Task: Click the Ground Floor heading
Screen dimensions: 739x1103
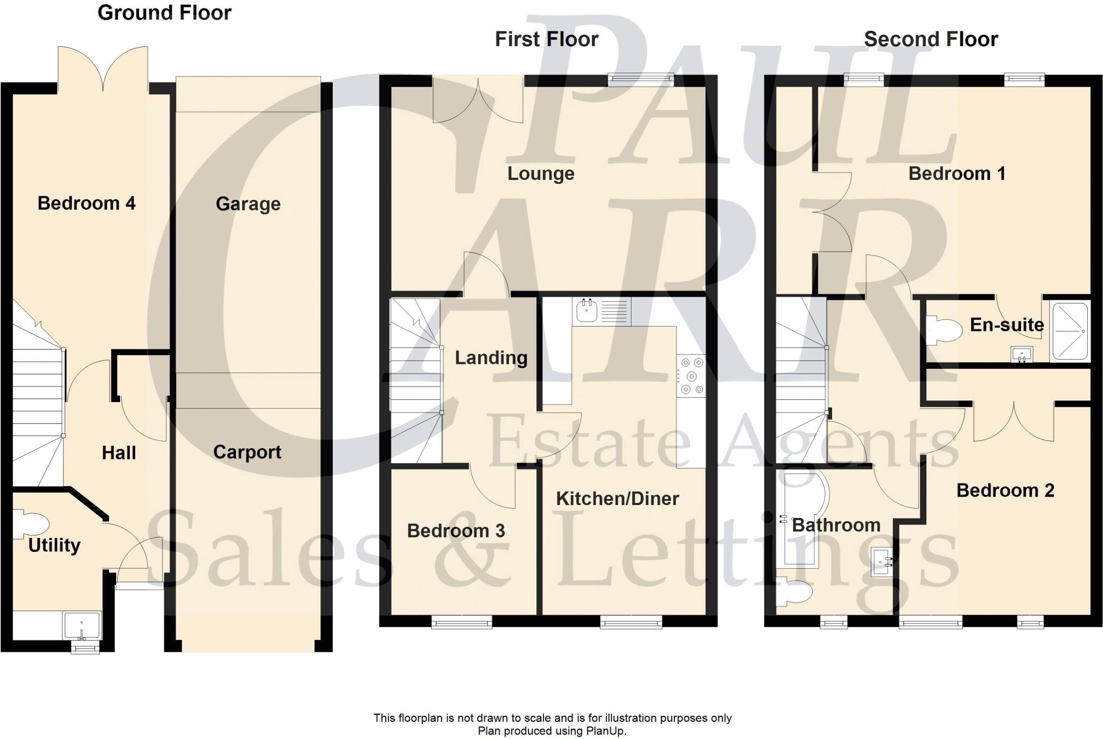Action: [164, 12]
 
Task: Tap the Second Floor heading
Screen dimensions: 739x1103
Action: [931, 39]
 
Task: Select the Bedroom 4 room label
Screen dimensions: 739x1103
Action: [86, 203]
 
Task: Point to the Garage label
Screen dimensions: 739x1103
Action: [248, 204]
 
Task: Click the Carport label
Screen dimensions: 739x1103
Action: [247, 452]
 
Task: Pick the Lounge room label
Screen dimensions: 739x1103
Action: [541, 174]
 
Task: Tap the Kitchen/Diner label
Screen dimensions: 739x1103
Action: [617, 499]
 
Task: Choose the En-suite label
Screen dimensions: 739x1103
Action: [1007, 324]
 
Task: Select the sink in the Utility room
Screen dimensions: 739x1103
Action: [82, 625]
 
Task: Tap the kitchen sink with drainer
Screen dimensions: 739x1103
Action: [602, 312]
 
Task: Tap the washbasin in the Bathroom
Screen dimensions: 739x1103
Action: [882, 563]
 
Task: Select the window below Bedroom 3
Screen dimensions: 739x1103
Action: [462, 623]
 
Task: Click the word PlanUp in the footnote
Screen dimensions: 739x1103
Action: [607, 731]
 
